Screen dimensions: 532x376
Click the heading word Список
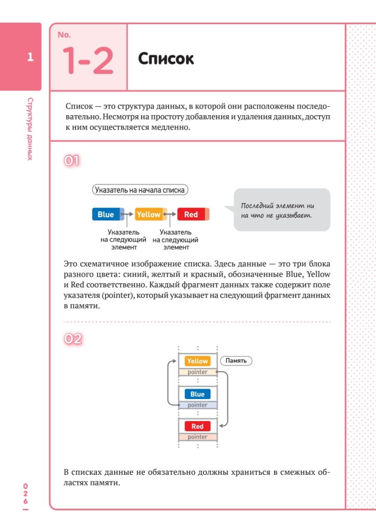tap(166, 59)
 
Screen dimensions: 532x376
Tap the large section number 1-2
tap(88, 60)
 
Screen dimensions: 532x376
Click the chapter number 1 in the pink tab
tap(30, 57)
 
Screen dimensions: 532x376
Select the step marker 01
tap(72, 160)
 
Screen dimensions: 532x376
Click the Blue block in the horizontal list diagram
tap(106, 215)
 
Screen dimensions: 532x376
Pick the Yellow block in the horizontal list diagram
tap(148, 215)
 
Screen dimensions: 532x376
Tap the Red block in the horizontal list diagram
tap(191, 215)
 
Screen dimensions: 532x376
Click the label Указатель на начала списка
tap(140, 190)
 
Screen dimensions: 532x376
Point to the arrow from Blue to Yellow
tap(129, 215)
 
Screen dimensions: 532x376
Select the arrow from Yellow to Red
tap(172, 215)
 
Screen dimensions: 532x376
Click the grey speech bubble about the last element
tap(282, 210)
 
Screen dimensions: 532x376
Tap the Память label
tap(236, 361)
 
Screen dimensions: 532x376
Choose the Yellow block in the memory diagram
tap(198, 361)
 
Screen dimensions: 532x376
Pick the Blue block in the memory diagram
tap(198, 394)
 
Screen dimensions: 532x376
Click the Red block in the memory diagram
tap(198, 426)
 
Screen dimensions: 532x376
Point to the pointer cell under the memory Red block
tap(198, 437)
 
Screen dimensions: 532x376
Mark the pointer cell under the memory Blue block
tap(198, 405)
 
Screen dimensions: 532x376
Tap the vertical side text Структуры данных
tap(30, 129)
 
